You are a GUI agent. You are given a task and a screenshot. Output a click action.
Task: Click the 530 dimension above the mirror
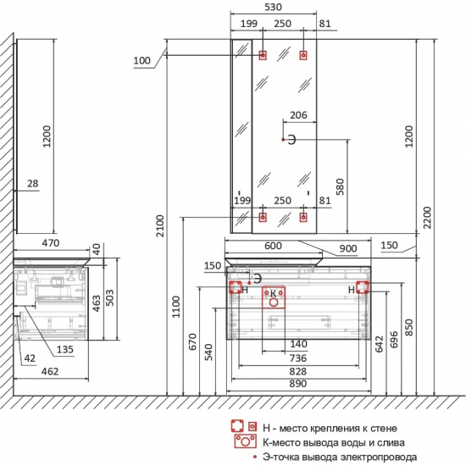[x=273, y=7]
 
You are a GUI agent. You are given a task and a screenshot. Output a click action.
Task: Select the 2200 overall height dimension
[x=427, y=218]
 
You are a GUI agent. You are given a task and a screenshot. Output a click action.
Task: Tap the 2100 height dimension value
[x=160, y=226]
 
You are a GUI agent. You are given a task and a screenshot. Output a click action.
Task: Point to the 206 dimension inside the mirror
[x=298, y=115]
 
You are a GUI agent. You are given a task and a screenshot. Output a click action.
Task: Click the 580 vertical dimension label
[x=340, y=186]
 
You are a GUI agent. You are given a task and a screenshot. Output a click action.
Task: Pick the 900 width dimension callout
[x=348, y=248]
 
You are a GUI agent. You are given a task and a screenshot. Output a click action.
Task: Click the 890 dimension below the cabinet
[x=297, y=383]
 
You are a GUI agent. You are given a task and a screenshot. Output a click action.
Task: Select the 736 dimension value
[x=297, y=358]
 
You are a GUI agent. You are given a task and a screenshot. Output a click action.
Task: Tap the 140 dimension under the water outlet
[x=298, y=344]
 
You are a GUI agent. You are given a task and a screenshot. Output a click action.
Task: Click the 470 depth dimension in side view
[x=51, y=243]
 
